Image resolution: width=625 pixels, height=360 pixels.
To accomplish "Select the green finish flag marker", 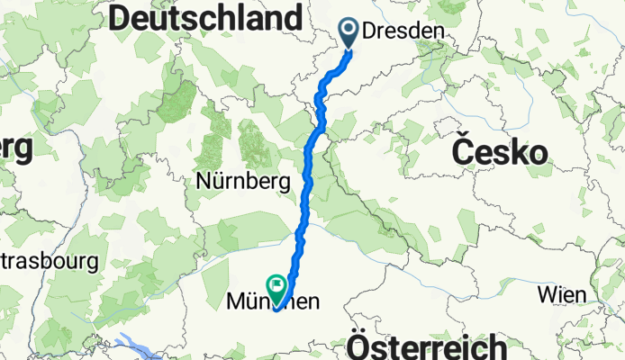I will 276,287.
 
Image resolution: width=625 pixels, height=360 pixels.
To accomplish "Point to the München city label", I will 273,304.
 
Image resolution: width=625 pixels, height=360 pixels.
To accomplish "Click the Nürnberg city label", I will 243,182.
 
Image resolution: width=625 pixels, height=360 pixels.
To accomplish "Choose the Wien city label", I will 562,294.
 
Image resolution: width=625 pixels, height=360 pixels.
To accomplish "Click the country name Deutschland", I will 205,18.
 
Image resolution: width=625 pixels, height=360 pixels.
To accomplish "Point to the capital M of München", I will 235,304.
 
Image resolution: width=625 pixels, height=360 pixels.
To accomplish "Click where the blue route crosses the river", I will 300,237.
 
